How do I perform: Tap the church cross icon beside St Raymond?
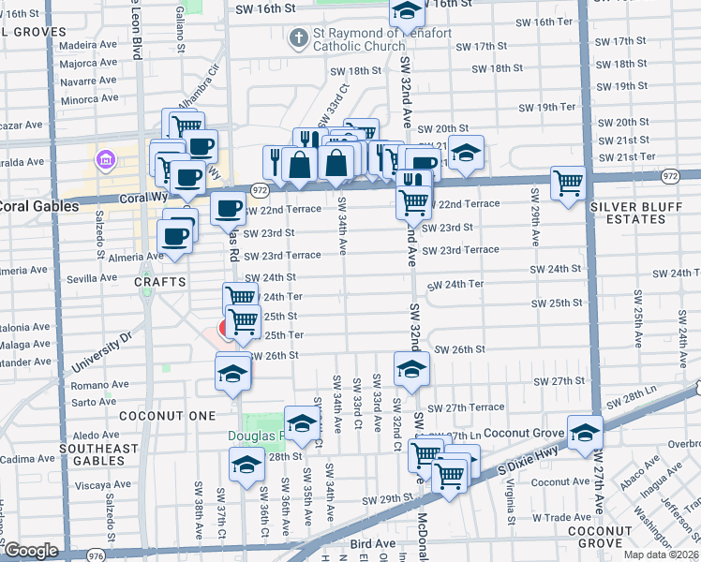(298, 39)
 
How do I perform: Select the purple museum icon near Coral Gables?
(104, 158)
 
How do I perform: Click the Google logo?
(31, 551)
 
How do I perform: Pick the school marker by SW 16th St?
(406, 12)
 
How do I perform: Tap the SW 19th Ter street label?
(557, 107)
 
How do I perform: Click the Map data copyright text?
(661, 555)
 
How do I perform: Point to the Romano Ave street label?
(93, 384)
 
